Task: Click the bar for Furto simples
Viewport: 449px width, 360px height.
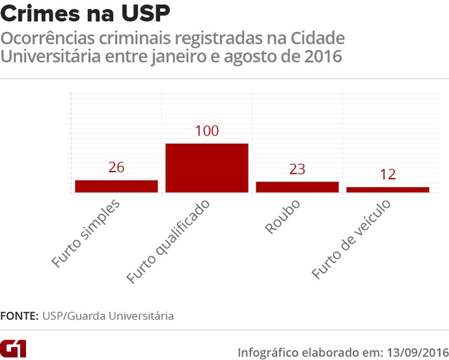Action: coord(116,186)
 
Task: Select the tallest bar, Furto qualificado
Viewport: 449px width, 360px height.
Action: coord(207,168)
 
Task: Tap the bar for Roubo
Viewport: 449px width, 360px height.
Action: coord(297,187)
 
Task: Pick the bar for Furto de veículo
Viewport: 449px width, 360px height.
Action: coord(388,189)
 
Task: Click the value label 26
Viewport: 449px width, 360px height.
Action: coord(116,167)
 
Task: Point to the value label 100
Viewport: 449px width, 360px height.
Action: coord(207,131)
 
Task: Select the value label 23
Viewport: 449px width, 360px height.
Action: coord(297,169)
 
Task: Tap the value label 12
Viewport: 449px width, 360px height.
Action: coord(388,174)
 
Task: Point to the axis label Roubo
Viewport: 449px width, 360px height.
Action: coord(283,217)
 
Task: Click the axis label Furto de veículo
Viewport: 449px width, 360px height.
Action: coord(351,239)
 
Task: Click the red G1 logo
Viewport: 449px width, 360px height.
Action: coord(14,348)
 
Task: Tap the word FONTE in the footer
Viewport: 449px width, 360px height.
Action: coord(19,316)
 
